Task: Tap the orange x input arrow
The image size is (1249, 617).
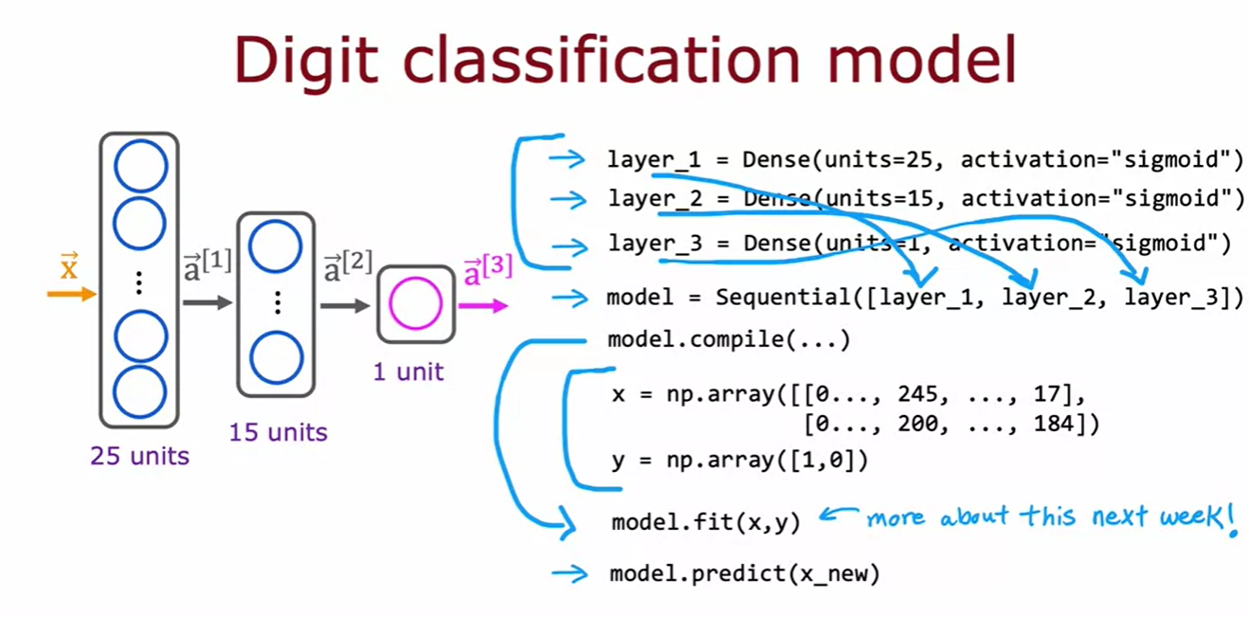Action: click(72, 294)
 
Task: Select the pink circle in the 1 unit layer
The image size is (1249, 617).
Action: click(415, 304)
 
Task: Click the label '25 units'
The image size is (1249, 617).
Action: click(140, 456)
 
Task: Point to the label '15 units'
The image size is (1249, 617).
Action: click(278, 433)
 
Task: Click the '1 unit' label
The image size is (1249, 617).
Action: click(408, 372)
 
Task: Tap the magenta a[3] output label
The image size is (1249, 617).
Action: click(487, 272)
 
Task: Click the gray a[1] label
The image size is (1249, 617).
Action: click(207, 266)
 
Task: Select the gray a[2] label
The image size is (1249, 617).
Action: click(346, 266)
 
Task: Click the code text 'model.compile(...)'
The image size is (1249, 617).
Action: click(729, 339)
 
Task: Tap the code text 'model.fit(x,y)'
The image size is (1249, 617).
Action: click(705, 521)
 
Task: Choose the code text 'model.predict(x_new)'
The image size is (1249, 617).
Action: click(745, 573)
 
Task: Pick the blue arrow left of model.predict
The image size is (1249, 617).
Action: click(570, 573)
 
